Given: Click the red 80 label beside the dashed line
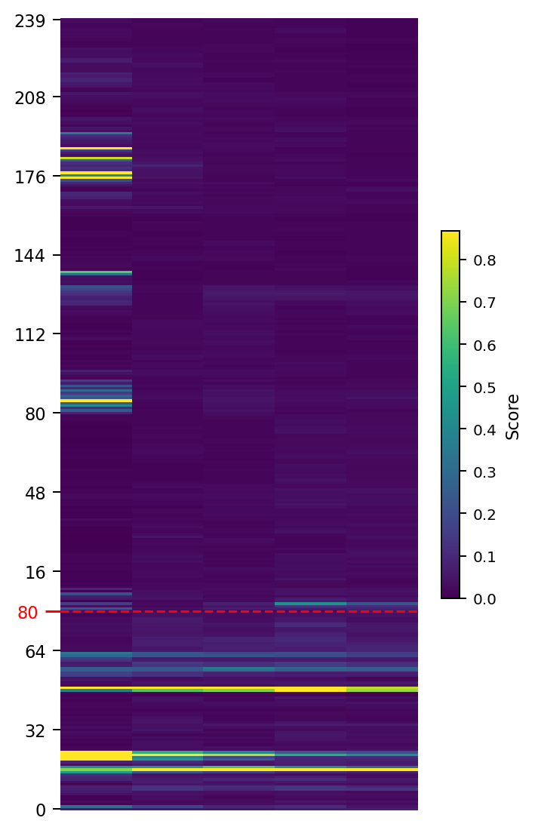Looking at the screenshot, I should (27, 612).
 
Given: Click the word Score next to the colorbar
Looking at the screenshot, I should (513, 416).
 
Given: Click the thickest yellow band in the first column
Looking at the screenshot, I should (96, 755).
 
